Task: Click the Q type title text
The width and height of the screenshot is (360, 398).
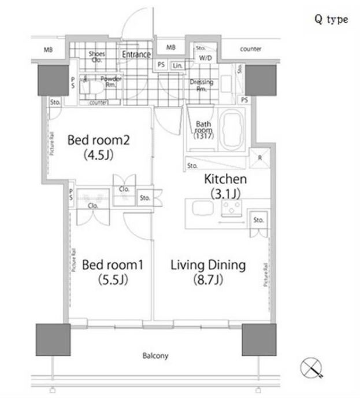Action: (331, 19)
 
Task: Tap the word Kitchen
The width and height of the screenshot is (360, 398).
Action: (225, 179)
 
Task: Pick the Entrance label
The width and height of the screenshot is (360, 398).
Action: (136, 55)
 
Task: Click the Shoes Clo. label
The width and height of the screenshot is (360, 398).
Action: (97, 57)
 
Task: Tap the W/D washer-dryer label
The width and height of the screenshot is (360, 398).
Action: (205, 58)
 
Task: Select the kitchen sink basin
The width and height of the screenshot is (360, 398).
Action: (200, 208)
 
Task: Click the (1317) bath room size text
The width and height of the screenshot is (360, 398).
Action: (204, 137)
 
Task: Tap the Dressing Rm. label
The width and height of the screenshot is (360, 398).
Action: (202, 86)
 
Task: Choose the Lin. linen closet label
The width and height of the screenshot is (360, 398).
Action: (177, 65)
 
